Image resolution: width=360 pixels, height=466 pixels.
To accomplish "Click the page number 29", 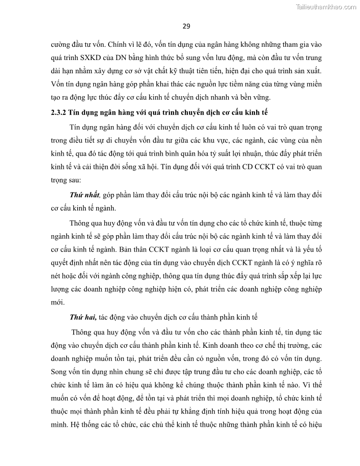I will click(186, 26).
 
